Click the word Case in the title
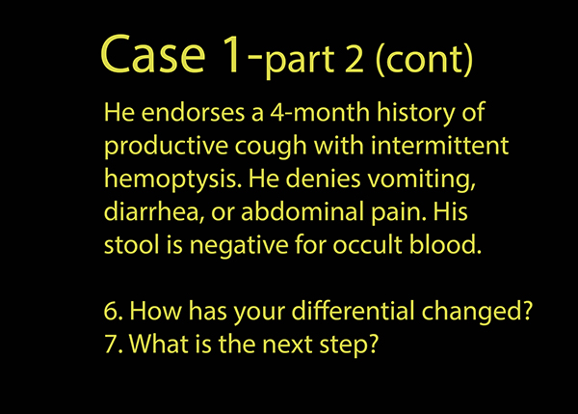click(x=152, y=54)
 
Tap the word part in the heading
click(x=300, y=61)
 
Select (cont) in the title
click(x=424, y=59)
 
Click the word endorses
click(x=193, y=112)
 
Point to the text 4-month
click(x=320, y=112)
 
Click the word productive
click(x=166, y=147)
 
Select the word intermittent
click(x=440, y=146)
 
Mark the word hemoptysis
click(x=172, y=179)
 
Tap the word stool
click(x=132, y=245)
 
